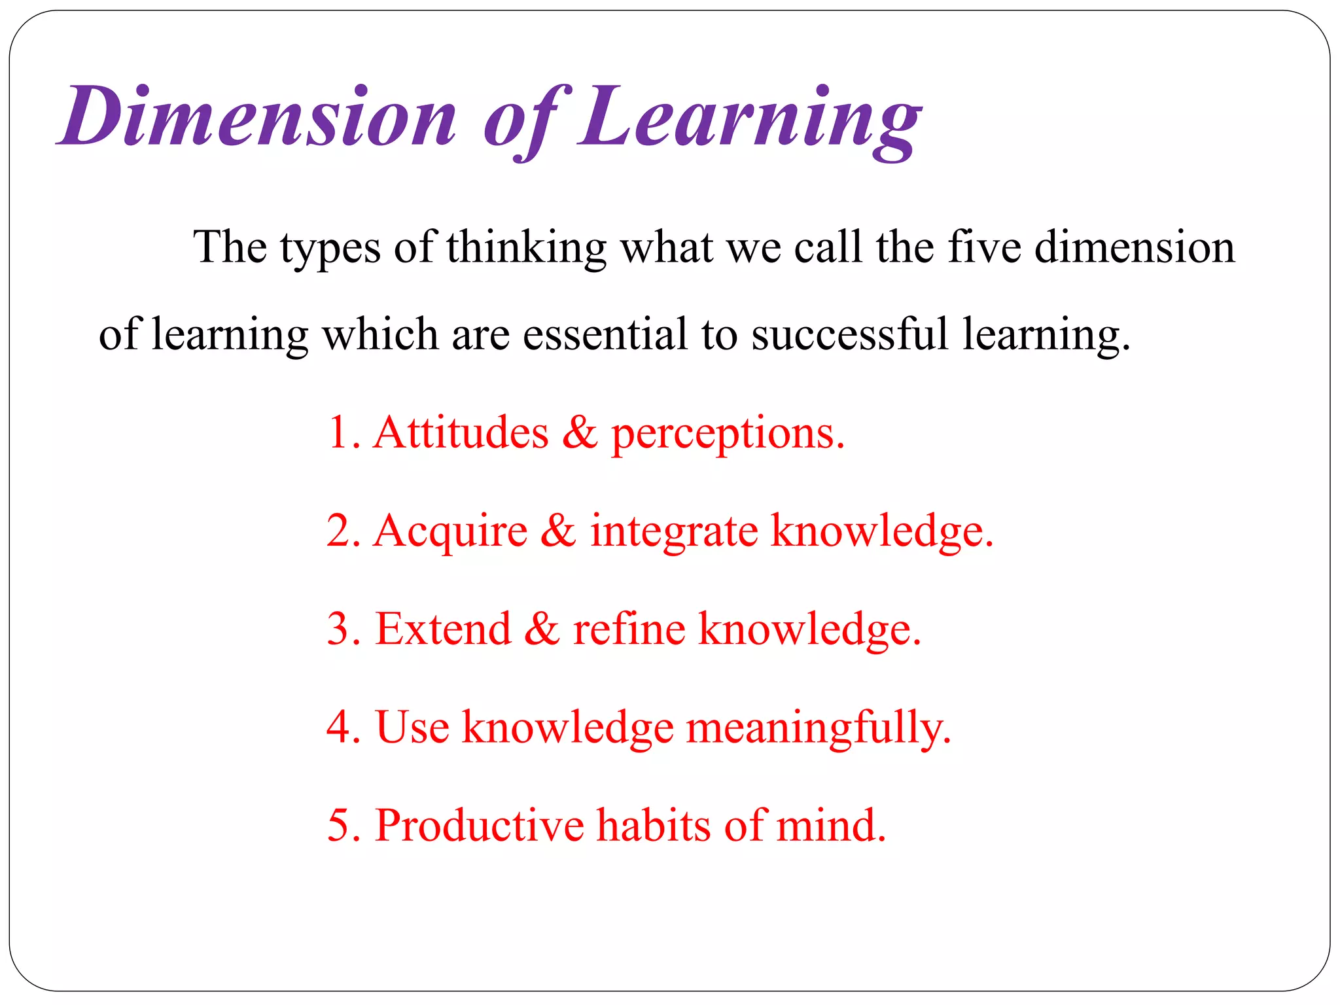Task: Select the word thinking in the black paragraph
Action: pyautogui.click(x=527, y=249)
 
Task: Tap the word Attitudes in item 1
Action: pyautogui.click(x=461, y=432)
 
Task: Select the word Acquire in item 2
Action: pyautogui.click(x=450, y=531)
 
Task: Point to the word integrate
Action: pyautogui.click(x=674, y=531)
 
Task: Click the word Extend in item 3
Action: pyautogui.click(x=443, y=629)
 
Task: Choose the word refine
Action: pyautogui.click(x=629, y=629)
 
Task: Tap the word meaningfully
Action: pyautogui.click(x=818, y=728)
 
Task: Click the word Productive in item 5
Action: pyautogui.click(x=479, y=825)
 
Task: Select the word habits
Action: pyautogui.click(x=654, y=825)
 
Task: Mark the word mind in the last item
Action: pyautogui.click(x=831, y=825)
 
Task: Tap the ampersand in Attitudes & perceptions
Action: pyautogui.click(x=580, y=432)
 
